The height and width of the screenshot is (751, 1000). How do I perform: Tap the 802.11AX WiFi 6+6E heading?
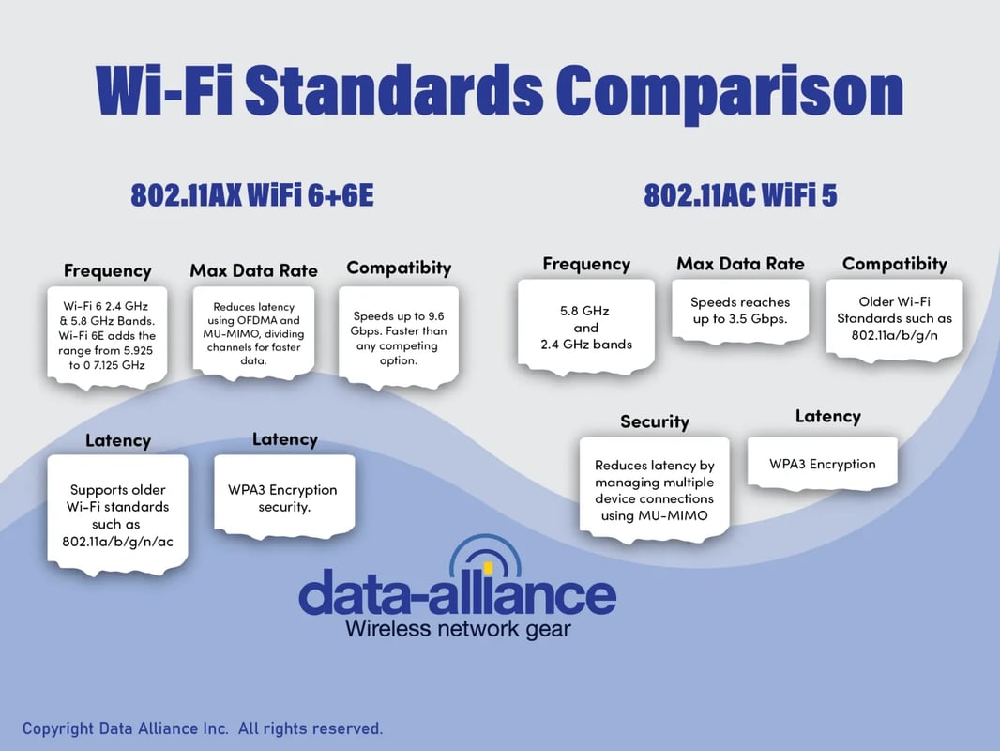click(x=251, y=195)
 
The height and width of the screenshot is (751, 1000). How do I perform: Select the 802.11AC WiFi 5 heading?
click(x=740, y=195)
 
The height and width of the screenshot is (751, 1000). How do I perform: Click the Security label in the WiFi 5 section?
click(x=654, y=421)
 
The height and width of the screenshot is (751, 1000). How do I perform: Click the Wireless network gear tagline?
click(x=458, y=628)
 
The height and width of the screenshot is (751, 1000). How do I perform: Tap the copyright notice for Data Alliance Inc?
click(x=203, y=728)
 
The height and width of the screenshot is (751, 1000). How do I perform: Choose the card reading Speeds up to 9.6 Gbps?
click(x=399, y=338)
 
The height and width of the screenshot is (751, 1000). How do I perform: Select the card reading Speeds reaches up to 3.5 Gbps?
click(x=740, y=311)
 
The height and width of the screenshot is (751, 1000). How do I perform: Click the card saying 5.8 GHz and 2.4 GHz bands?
click(x=586, y=330)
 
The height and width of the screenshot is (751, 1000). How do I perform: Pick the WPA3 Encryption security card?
click(x=283, y=498)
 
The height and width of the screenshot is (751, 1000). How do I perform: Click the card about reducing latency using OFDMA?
click(x=253, y=333)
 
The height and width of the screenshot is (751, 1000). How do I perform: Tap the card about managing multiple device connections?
click(x=654, y=489)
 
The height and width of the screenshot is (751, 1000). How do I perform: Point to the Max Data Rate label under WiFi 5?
click(x=740, y=264)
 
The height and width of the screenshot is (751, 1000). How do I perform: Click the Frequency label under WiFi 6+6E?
click(x=107, y=270)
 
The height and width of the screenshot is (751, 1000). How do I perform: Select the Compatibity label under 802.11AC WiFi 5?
click(x=894, y=264)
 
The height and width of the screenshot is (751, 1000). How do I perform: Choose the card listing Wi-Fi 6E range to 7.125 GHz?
click(x=108, y=336)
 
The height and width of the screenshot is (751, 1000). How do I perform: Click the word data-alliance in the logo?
click(x=457, y=594)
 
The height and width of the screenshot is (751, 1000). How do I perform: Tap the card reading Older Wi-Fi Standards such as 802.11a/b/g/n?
click(x=894, y=318)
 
